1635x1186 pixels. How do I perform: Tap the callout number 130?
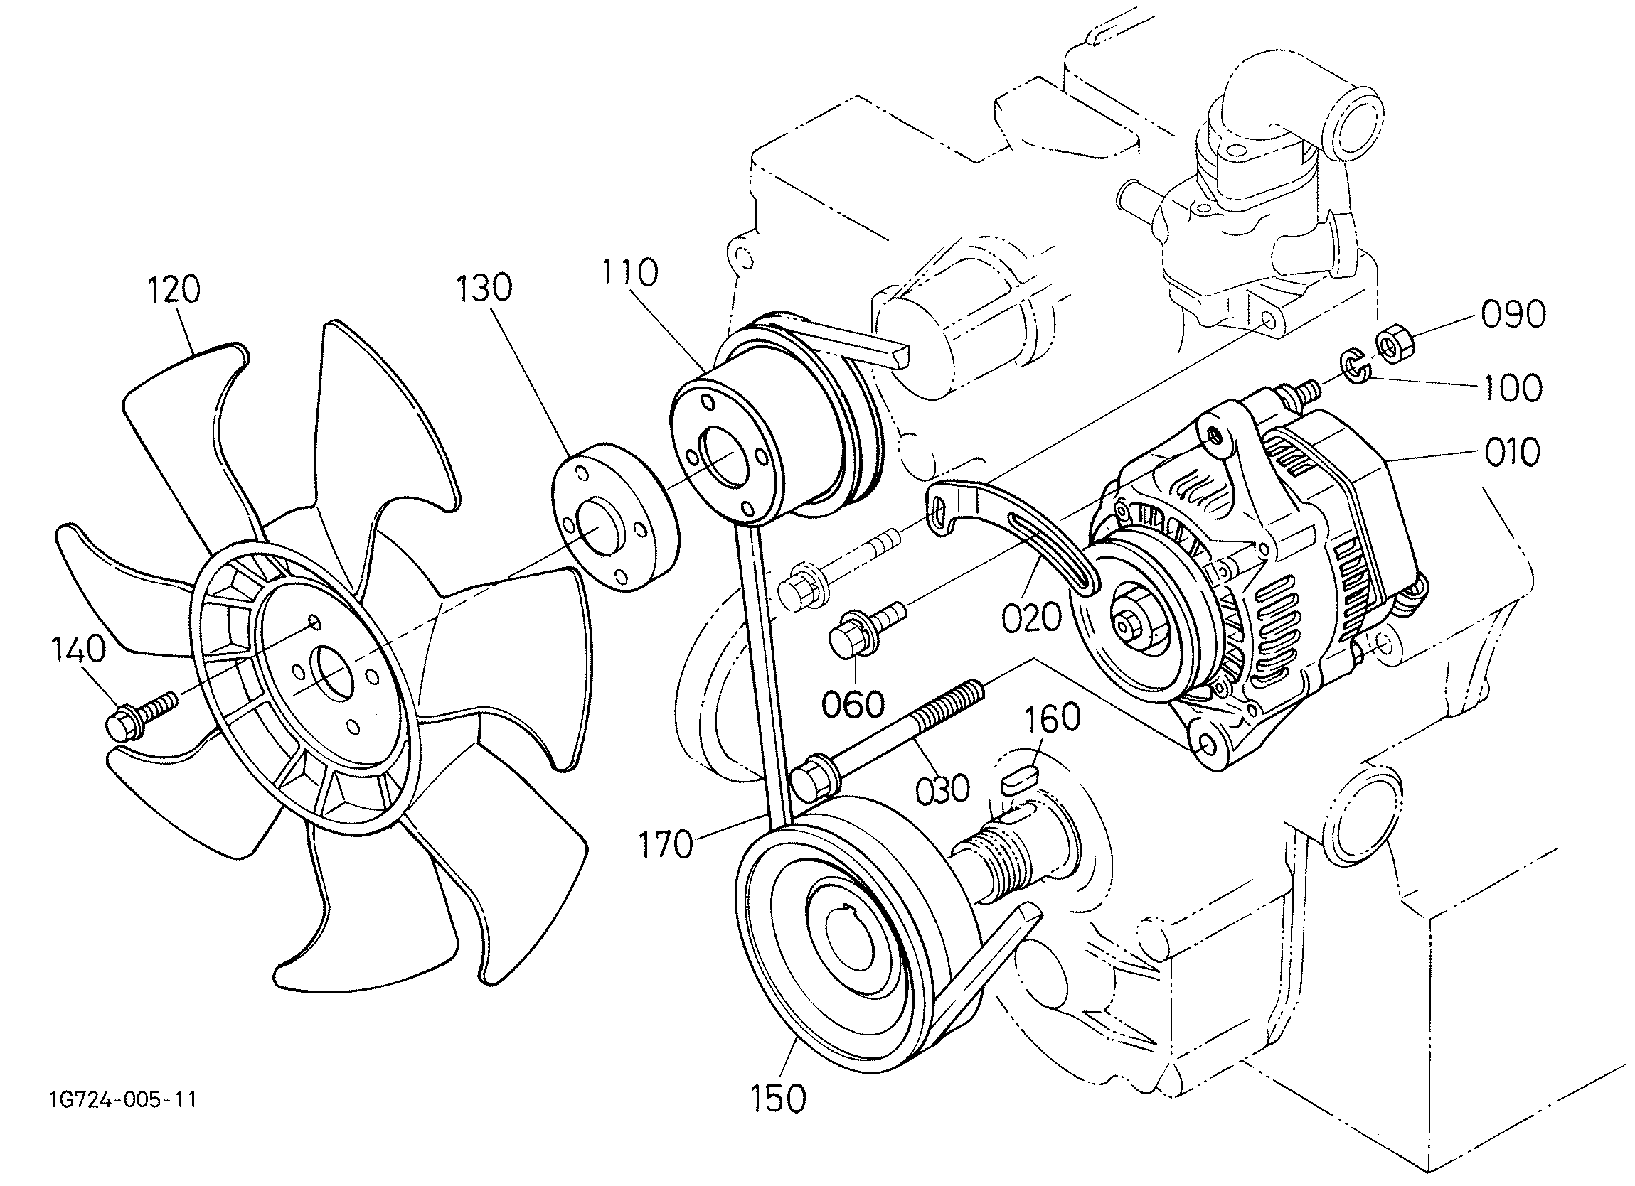click(x=484, y=288)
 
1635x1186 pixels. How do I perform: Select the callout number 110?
click(x=630, y=273)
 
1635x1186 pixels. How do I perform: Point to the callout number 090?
click(x=1513, y=314)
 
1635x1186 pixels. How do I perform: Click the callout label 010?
click(x=1512, y=453)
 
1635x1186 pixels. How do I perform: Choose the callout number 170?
click(x=666, y=844)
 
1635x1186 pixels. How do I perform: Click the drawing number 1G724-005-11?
click(x=123, y=1100)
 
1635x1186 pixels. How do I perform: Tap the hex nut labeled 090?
click(x=1394, y=344)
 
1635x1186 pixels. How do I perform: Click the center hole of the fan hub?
click(x=331, y=673)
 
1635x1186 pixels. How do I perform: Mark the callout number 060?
click(x=854, y=705)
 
